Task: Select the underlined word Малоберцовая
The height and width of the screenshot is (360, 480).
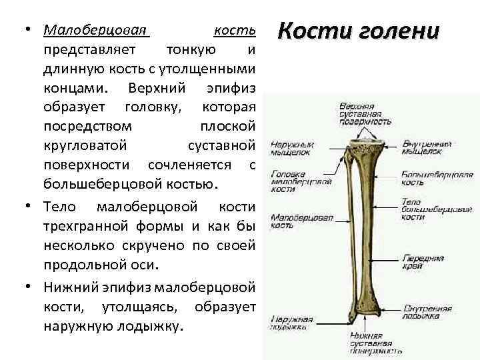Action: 95,31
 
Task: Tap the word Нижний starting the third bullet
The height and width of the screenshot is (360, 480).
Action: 71,287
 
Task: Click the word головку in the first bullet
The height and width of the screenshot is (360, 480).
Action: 148,107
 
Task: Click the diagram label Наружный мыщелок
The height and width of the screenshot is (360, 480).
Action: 292,148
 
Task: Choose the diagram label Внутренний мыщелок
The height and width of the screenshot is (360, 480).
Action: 427,148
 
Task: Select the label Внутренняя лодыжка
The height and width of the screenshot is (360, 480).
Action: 427,313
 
